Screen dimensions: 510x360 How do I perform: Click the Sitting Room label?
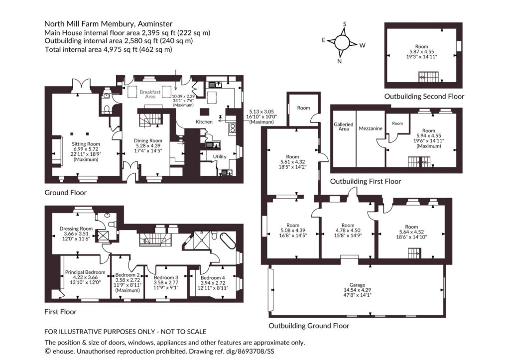point(86,144)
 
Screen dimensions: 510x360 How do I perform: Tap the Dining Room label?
point(148,140)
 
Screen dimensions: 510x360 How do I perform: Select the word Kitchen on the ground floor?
point(204,121)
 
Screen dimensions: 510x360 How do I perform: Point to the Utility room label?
point(220,156)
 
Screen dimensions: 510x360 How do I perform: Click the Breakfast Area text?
point(150,94)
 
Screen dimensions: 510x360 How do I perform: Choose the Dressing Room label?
point(76,229)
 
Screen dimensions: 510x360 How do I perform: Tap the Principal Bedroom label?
point(85,272)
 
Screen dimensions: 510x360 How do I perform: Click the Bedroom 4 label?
point(213,278)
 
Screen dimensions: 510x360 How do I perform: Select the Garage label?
point(357,285)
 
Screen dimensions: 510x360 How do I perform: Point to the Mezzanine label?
point(371,128)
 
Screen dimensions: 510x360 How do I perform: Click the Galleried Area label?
point(344,126)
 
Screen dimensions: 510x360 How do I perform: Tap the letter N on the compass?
point(340,61)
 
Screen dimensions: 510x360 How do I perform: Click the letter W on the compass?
point(363,45)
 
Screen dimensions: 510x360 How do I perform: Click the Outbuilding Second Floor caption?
point(424,96)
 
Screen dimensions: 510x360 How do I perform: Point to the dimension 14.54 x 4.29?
point(357,290)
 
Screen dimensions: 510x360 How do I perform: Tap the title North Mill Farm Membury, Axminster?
point(108,24)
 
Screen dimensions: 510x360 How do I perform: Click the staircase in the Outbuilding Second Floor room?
point(428,77)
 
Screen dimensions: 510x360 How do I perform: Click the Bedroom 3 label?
point(166,277)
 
